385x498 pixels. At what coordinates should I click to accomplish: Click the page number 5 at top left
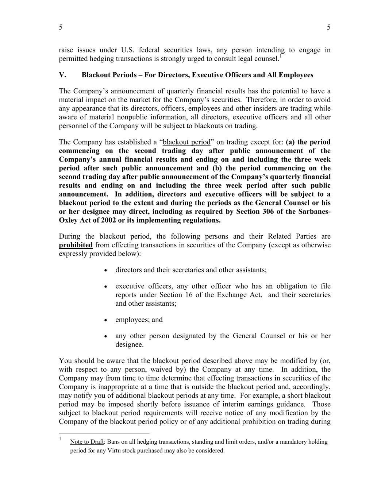(x=61, y=27)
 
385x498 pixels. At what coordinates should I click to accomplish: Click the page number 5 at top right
(x=329, y=27)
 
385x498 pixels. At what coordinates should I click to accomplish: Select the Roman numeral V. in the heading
(x=62, y=75)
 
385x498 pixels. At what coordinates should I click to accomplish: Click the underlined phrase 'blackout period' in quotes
(x=186, y=142)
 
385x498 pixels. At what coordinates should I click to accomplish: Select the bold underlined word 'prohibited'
(x=76, y=245)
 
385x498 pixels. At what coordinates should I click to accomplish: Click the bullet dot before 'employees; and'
(x=106, y=320)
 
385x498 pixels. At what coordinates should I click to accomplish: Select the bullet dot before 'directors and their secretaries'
(x=106, y=270)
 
